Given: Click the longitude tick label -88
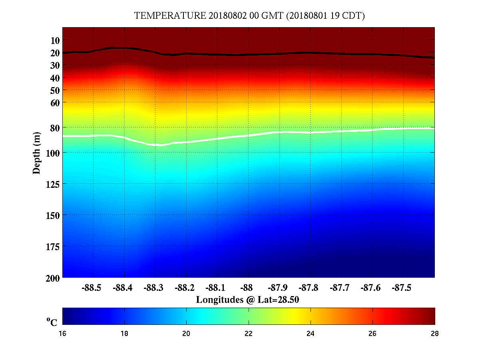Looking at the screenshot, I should pos(247,288).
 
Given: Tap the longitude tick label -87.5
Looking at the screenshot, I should pos(402,288).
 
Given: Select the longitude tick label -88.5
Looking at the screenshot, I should pos(92,288).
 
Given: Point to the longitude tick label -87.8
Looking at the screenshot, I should pos(309,288).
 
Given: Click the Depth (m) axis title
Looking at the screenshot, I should pos(37,153).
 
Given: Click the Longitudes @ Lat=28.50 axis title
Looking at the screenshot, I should pos(248,300).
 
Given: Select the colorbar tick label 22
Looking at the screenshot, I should pos(248,334).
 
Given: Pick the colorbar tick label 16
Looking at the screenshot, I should pos(62,334).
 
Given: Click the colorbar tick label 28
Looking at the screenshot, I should pos(434,334).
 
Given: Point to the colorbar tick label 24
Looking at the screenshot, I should pos(311,334).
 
